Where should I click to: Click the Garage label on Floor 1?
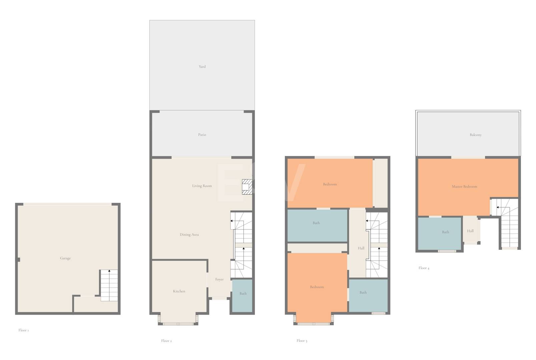click(65, 258)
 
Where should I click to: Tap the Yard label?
click(202, 66)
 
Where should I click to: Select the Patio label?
click(202, 135)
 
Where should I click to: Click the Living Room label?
click(202, 186)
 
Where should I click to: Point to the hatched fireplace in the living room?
click(247, 187)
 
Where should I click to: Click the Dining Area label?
click(189, 235)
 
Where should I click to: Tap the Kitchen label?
click(179, 291)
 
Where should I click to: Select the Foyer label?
click(219, 279)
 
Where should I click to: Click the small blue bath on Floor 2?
click(242, 296)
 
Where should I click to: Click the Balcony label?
click(476, 135)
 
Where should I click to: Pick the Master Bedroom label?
click(464, 187)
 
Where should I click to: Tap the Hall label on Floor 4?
click(470, 231)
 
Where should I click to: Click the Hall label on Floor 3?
click(361, 248)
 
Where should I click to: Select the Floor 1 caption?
click(23, 330)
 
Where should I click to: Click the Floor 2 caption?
click(166, 341)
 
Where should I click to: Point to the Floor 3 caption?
click(302, 341)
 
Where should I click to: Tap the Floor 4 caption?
click(424, 268)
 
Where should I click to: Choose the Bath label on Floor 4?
click(445, 232)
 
